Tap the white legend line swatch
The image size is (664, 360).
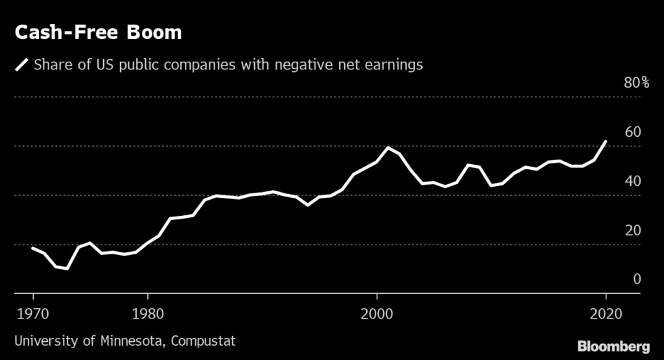pyautogui.click(x=23, y=65)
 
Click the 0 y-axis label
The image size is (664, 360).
pyautogui.click(x=637, y=279)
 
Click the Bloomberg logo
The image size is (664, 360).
pyautogui.click(x=613, y=344)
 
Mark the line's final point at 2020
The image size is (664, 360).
pyautogui.click(x=606, y=141)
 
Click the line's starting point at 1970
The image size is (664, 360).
pyautogui.click(x=32, y=248)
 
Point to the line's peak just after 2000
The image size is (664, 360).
pyautogui.click(x=388, y=148)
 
